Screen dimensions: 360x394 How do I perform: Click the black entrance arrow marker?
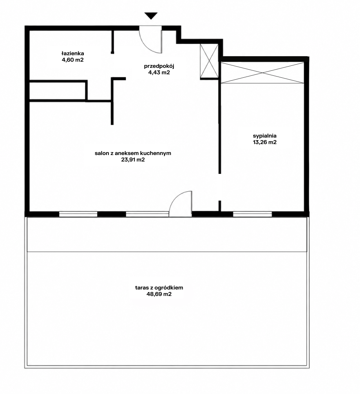151,16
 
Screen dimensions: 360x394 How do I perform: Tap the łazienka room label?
73,53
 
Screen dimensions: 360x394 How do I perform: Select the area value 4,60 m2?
73,60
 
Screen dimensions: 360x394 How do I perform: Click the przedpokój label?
159,66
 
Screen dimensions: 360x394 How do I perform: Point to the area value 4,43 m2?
159,73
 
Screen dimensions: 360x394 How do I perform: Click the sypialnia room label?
265,136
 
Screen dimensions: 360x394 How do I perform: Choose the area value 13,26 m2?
265,142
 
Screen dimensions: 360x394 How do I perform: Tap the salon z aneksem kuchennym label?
133,153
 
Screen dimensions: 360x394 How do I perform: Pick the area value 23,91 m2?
133,160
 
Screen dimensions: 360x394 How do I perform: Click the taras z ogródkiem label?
159,288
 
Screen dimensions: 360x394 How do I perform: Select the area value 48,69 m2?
159,294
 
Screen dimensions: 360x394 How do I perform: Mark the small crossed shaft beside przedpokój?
209,61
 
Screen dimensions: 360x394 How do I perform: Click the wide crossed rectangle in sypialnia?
263,73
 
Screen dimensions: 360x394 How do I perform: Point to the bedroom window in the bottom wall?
252,214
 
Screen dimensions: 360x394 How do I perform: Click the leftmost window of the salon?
78,214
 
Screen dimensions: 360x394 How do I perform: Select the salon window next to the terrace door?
147,214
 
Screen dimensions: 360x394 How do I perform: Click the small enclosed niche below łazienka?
57,91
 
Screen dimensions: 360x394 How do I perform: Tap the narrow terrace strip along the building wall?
167,234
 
